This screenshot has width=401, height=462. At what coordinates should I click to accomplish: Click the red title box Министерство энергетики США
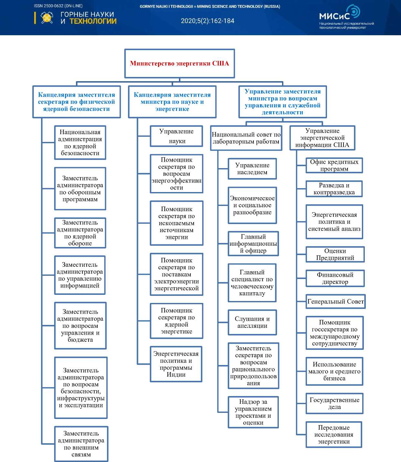point(179,63)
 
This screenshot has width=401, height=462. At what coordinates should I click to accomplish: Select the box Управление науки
point(176,136)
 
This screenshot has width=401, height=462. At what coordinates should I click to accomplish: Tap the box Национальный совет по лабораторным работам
point(246,138)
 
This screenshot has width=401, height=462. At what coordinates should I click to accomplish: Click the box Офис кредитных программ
point(334,165)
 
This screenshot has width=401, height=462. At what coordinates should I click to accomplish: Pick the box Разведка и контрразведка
point(334,189)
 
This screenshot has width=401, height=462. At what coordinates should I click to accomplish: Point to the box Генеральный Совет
point(335,302)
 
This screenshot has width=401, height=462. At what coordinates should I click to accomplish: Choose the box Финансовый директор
point(335,278)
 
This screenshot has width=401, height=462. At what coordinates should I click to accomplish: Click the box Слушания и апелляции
point(252,322)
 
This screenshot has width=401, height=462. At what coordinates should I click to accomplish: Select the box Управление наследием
point(252,169)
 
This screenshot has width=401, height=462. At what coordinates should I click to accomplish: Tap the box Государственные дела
point(334,403)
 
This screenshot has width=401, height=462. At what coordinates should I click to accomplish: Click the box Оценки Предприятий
point(335,254)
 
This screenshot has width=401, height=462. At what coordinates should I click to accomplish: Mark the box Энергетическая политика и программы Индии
point(176,364)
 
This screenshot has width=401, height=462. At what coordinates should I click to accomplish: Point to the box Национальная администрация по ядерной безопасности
point(80,143)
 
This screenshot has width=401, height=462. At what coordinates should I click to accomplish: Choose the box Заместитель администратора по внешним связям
point(81,444)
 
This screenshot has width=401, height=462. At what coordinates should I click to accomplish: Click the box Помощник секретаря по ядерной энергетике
point(176,321)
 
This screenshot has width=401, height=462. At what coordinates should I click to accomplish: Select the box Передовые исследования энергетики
point(333,435)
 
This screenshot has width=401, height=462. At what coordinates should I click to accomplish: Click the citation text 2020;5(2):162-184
point(207,21)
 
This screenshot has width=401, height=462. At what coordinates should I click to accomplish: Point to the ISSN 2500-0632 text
point(58,6)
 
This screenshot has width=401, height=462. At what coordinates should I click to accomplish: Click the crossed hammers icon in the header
point(47,18)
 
